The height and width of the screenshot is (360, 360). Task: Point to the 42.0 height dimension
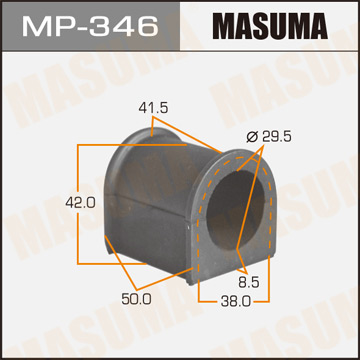point(49,201)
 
